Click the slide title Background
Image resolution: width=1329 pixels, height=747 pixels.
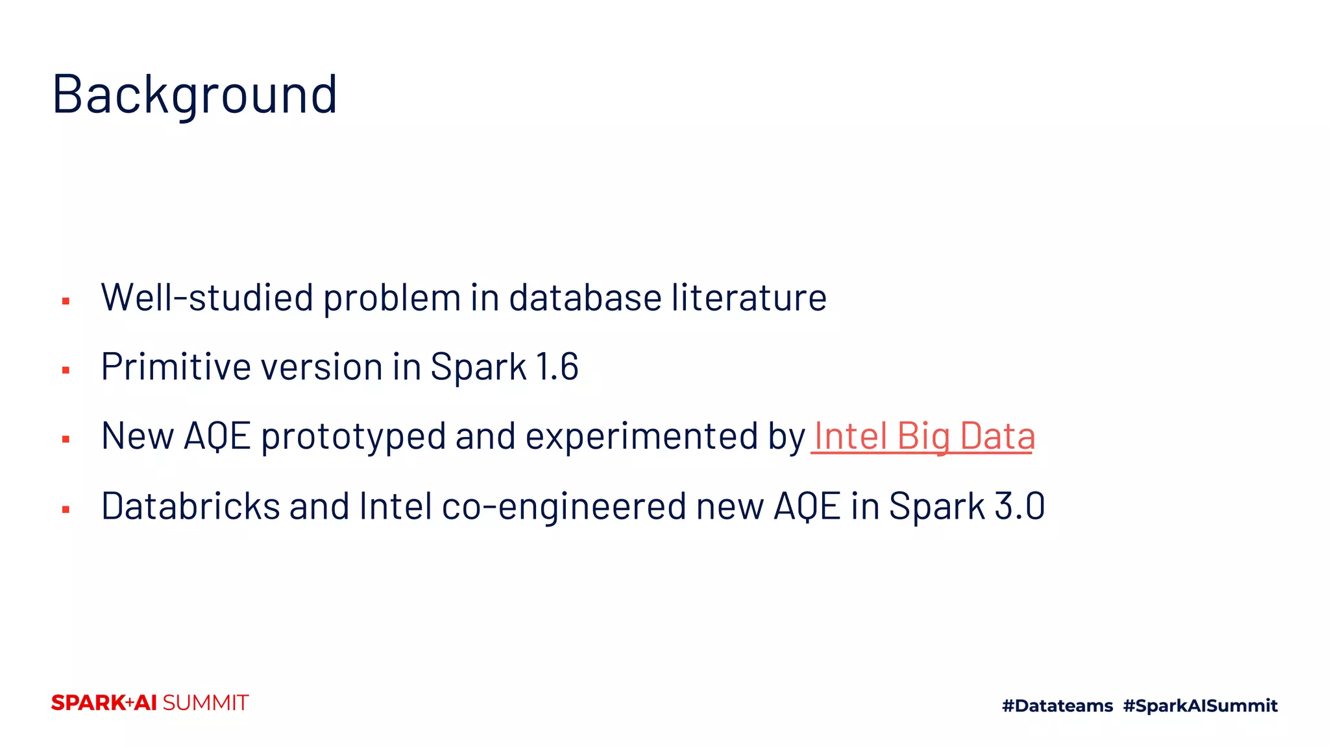pyautogui.click(x=195, y=95)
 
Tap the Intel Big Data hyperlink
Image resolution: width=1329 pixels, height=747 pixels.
pyautogui.click(x=923, y=436)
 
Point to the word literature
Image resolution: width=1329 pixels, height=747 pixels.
pyautogui.click(x=749, y=298)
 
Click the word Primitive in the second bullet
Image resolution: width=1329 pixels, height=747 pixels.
pyautogui.click(x=176, y=367)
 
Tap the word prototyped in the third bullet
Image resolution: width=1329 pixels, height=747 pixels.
pyautogui.click(x=353, y=436)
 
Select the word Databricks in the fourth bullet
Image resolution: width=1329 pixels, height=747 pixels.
pyautogui.click(x=190, y=506)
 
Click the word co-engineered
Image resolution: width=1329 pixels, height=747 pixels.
pyautogui.click(x=563, y=506)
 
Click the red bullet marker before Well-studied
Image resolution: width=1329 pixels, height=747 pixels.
pyautogui.click(x=66, y=301)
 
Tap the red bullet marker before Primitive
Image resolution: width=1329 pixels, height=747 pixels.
pyautogui.click(x=66, y=370)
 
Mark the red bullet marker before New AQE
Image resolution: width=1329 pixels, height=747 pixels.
pyautogui.click(x=66, y=440)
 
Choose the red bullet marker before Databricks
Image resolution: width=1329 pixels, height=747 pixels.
pyautogui.click(x=66, y=510)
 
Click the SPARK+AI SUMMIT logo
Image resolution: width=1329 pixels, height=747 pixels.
pyautogui.click(x=150, y=703)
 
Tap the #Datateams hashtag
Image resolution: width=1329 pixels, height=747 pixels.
pyautogui.click(x=1057, y=705)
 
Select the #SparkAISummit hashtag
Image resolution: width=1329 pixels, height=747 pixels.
pyautogui.click(x=1200, y=705)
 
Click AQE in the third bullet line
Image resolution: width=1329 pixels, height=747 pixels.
pyautogui.click(x=217, y=436)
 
